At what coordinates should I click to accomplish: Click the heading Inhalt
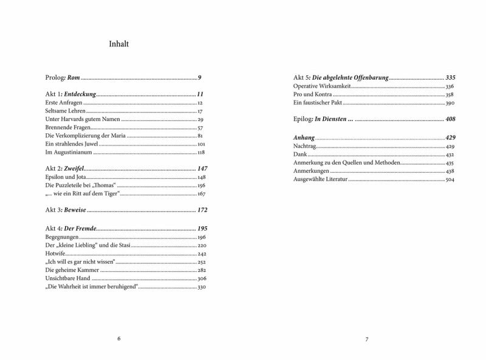pyautogui.click(x=117, y=44)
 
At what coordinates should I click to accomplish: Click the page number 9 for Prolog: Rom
pyautogui.click(x=199, y=78)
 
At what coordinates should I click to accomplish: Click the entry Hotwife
pyautogui.click(x=55, y=253)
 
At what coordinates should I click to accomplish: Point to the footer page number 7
pyautogui.click(x=367, y=338)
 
